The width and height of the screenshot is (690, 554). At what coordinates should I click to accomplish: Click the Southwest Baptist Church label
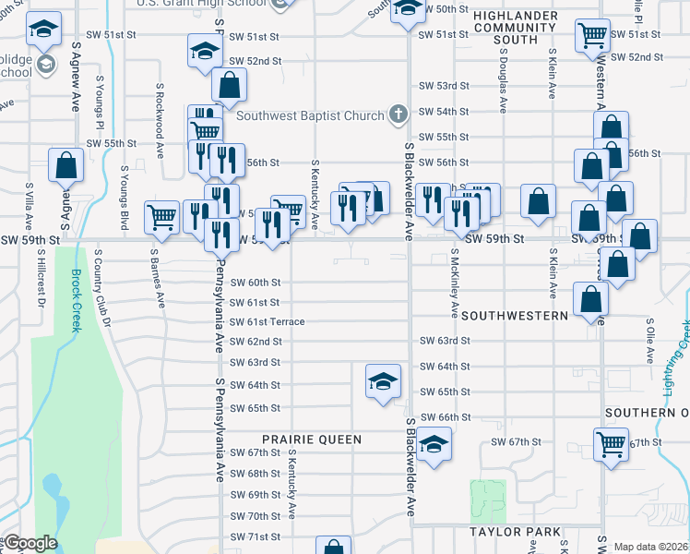point(309,115)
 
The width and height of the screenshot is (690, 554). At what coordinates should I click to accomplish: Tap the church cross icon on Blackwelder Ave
point(399,114)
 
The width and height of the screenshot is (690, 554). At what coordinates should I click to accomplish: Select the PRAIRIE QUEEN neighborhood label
point(311,440)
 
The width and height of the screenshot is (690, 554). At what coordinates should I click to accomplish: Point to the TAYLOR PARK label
point(515,532)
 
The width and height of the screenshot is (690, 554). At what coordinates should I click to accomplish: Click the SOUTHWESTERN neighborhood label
point(515,316)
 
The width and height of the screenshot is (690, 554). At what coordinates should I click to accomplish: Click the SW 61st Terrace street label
point(267,321)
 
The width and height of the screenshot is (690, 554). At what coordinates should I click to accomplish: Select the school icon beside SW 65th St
point(382,381)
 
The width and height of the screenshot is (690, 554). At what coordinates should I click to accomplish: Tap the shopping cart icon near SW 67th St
point(611,444)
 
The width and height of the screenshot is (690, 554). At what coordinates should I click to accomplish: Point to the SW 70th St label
point(255,516)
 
